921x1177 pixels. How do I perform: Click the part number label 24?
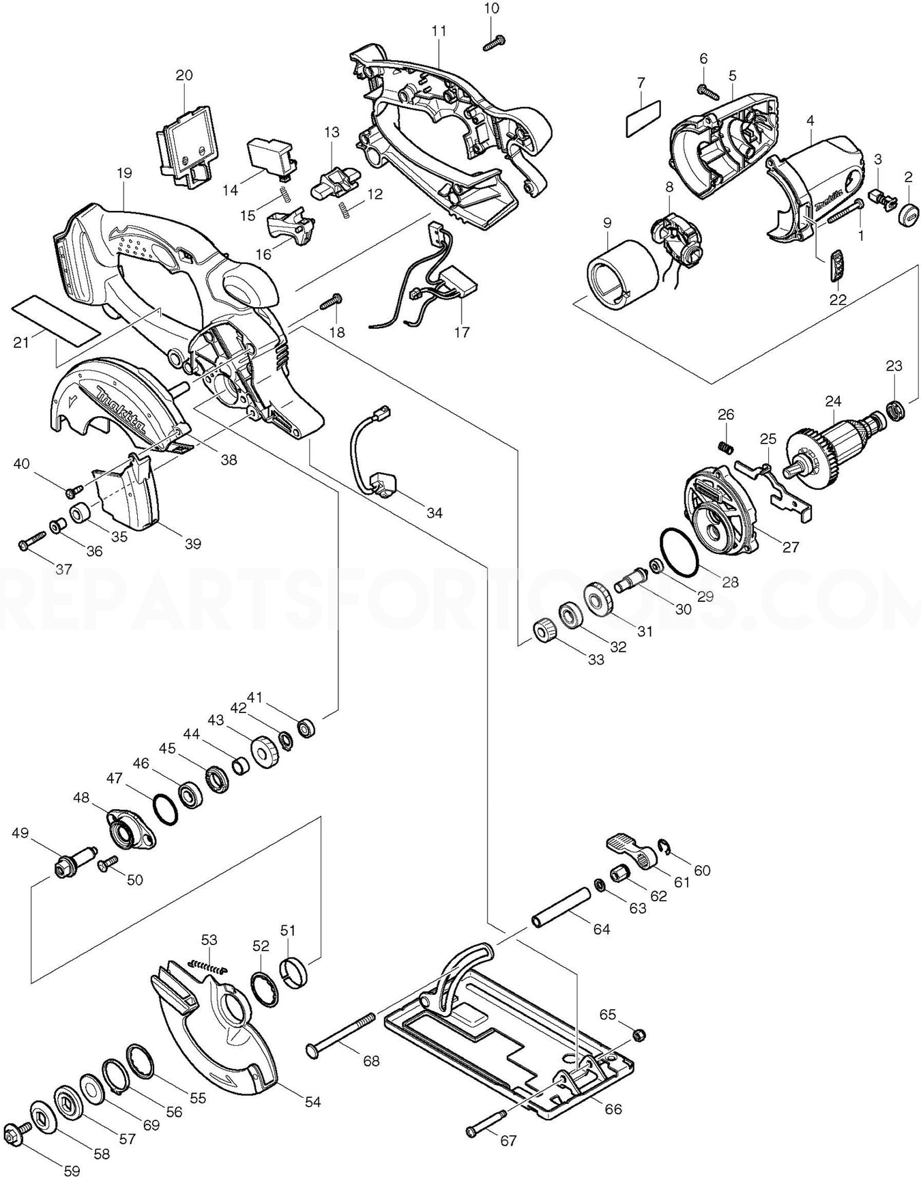pyautogui.click(x=833, y=401)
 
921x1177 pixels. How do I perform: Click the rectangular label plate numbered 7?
pyautogui.click(x=643, y=118)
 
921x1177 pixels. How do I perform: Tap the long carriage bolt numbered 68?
pyautogui.click(x=342, y=1039)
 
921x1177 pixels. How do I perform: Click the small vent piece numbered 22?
pyautogui.click(x=838, y=265)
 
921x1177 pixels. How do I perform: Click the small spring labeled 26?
pyautogui.click(x=727, y=446)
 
